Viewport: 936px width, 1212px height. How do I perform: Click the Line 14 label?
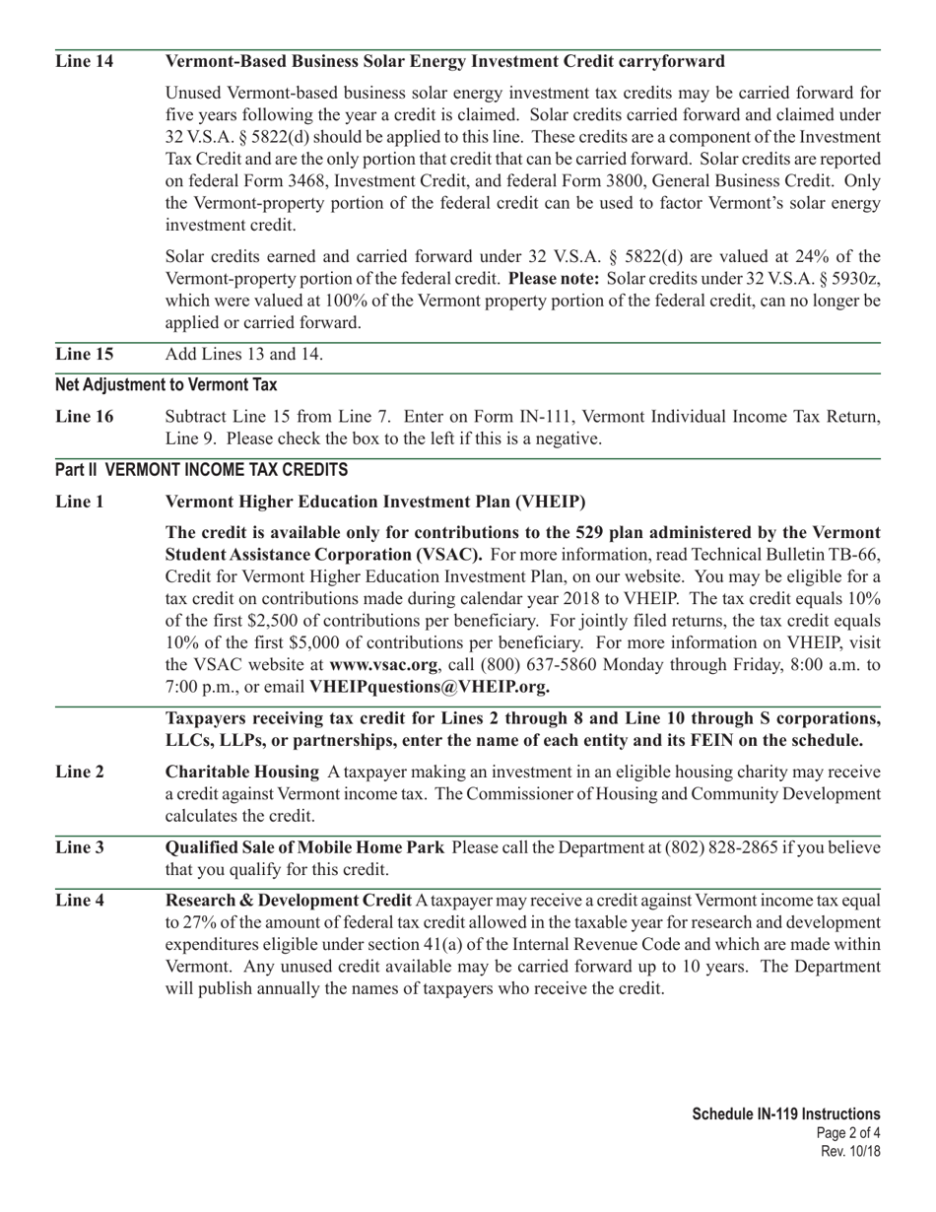click(x=84, y=62)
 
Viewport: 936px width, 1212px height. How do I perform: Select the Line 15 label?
click(x=84, y=355)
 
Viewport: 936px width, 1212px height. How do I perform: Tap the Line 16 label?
click(x=84, y=417)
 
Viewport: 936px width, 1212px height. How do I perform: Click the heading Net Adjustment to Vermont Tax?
click(x=166, y=385)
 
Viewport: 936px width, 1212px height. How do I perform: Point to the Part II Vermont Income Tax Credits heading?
click(x=201, y=470)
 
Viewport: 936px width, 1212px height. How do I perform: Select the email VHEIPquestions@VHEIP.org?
click(x=430, y=687)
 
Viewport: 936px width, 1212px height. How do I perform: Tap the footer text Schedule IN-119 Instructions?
click(x=785, y=1114)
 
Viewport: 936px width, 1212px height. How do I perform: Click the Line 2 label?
click(x=80, y=772)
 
